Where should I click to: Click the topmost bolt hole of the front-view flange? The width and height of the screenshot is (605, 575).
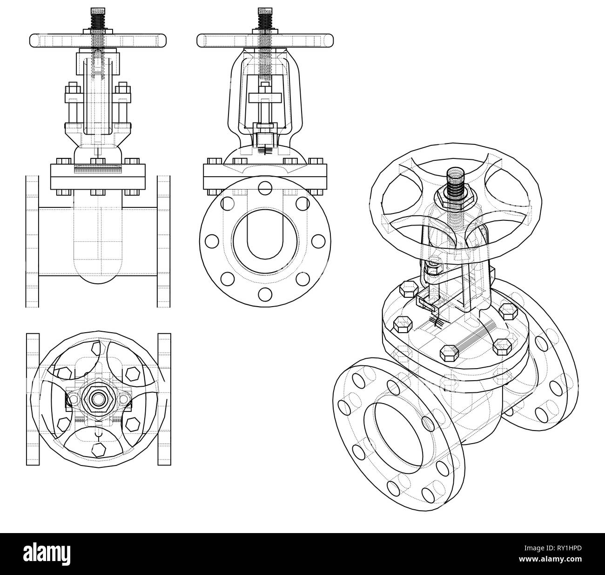[x=265, y=188]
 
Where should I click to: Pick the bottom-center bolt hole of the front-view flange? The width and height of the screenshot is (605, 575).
[x=265, y=294]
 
